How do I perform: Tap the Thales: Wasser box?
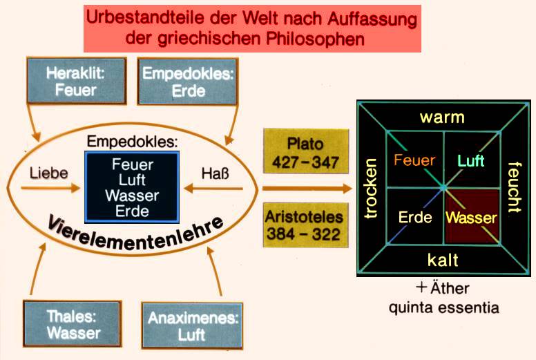pos(72,324)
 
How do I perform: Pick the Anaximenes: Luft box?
pos(193,325)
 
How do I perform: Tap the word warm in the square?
pos(443,117)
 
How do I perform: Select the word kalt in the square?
pos(443,260)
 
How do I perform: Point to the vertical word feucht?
pos(514,187)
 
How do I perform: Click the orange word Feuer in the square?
pos(414,161)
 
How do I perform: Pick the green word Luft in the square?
pos(471,161)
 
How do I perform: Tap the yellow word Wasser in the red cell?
pos(471,218)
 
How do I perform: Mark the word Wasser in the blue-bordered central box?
pos(131,196)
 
